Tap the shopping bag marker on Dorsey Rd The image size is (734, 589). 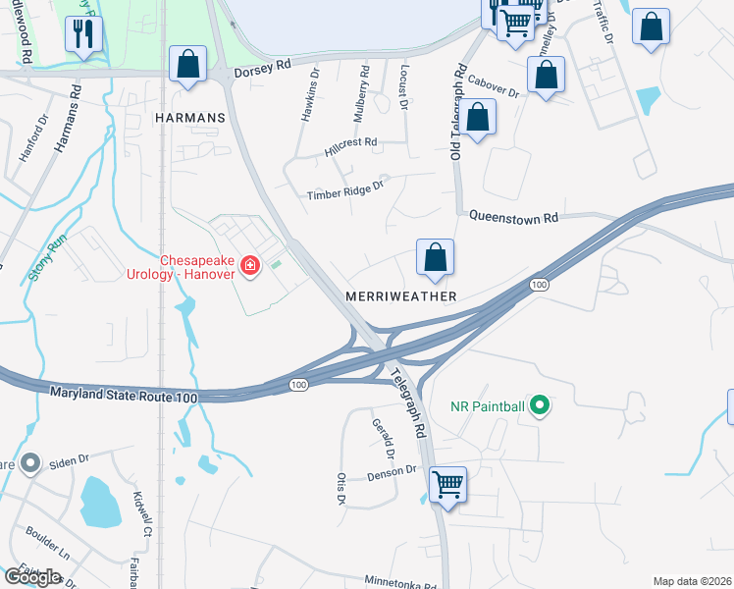187,65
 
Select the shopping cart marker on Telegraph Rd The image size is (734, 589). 447,484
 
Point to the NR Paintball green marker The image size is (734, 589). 538,404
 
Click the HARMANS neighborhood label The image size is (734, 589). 189,117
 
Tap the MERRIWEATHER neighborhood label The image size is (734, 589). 401,295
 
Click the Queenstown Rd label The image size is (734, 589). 512,216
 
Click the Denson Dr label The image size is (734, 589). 392,472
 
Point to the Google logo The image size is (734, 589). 32,577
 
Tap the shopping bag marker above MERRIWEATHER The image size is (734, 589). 435,257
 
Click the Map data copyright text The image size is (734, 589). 691,581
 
